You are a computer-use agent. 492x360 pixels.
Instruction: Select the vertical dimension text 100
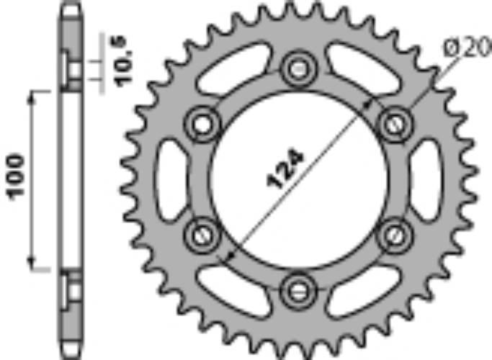pos(16,176)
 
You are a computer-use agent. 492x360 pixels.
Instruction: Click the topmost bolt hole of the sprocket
pos(296,70)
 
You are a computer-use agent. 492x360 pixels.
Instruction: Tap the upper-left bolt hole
pos(201,125)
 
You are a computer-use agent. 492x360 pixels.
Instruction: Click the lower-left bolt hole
pos(201,234)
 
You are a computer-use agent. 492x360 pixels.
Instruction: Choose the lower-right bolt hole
pos(393,234)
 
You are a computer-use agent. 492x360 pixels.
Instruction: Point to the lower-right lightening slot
pos(362,288)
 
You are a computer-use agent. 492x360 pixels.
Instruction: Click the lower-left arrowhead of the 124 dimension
pos(230,254)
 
